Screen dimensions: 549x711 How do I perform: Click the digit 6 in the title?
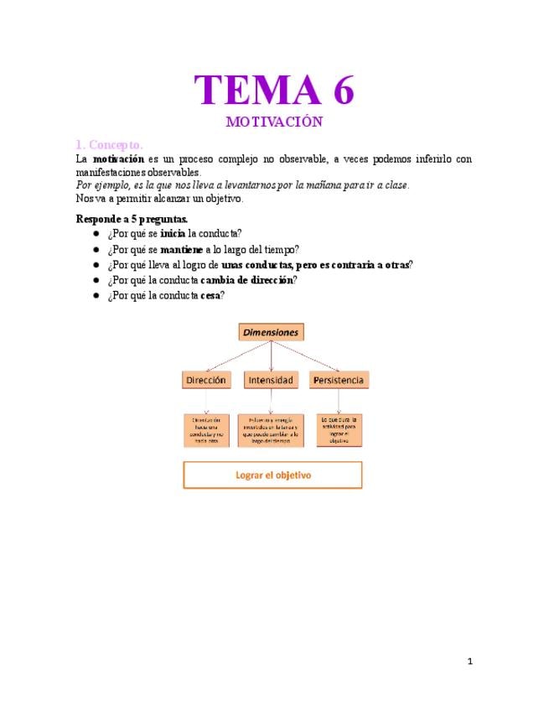tap(339, 90)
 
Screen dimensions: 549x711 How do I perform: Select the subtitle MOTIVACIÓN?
tap(274, 122)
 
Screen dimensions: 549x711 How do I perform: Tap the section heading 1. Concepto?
tap(109, 144)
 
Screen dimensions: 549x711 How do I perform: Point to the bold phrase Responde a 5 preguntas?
tap(132, 219)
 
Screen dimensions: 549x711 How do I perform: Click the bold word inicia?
tap(173, 234)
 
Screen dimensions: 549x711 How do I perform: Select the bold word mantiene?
tap(181, 249)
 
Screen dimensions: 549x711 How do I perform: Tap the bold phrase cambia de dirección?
tap(247, 280)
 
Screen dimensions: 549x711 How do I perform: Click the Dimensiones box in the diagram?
tap(271, 332)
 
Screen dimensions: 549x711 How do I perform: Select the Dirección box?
tap(205, 380)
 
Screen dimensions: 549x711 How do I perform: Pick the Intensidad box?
tap(271, 380)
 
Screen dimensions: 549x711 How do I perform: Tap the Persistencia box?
tap(339, 380)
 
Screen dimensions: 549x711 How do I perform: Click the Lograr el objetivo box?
tap(272, 475)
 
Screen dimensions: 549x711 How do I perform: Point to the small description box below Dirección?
tap(206, 430)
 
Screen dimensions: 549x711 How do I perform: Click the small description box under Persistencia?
tap(339, 428)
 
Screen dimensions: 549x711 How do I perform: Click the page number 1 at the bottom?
tap(470, 662)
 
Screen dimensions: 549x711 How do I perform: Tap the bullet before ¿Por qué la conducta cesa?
tap(96, 296)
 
